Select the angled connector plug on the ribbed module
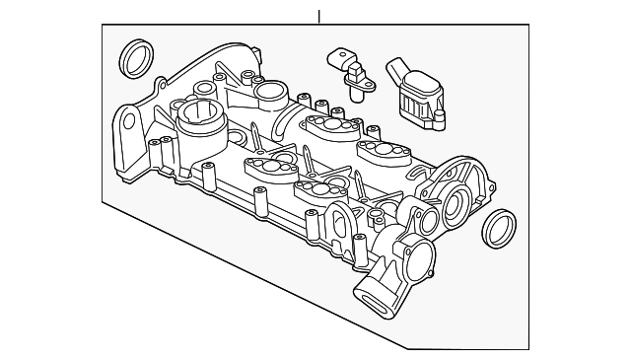[x=398, y=70]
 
